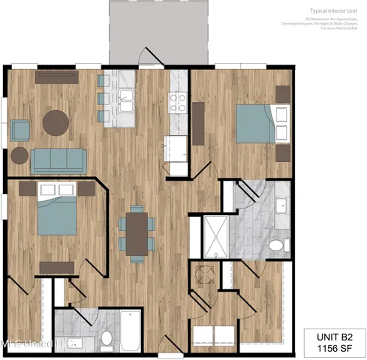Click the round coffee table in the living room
(56, 123)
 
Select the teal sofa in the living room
(59, 159)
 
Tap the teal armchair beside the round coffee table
(20, 129)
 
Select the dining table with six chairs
(137, 233)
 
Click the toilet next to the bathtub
(107, 339)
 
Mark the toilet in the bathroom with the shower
(276, 245)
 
